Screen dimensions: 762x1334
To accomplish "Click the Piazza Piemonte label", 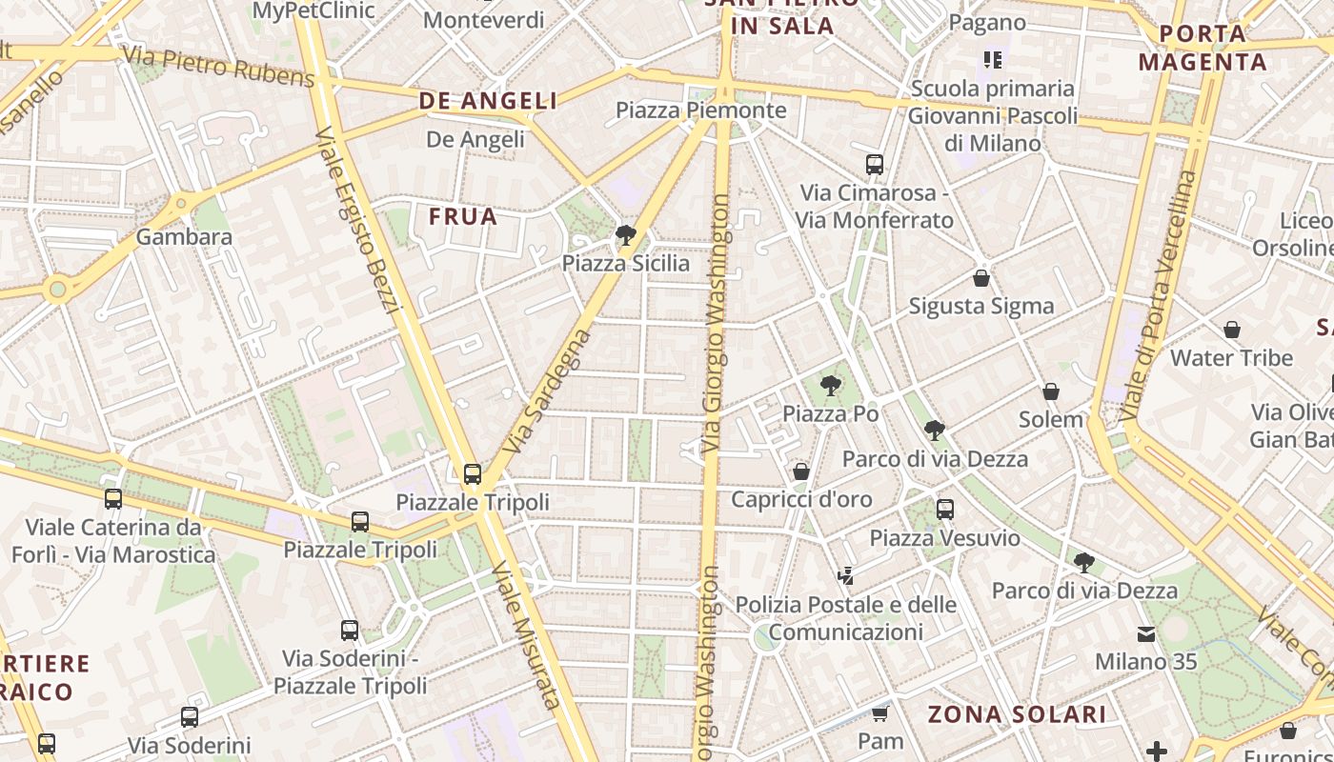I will (700, 110).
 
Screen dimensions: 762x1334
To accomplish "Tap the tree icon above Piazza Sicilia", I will (626, 234).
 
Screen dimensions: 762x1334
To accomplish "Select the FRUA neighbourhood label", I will (463, 216).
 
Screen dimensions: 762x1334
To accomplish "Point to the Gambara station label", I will (184, 236).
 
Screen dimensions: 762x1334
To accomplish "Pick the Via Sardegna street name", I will (548, 391).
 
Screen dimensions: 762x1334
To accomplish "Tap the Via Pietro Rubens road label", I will (218, 66).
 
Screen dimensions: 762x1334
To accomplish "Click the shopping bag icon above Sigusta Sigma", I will (981, 278).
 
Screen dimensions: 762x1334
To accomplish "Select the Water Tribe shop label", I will (1231, 358).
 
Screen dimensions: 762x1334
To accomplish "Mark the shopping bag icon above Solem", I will (1051, 391).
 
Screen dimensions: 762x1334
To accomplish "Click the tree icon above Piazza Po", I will (830, 386).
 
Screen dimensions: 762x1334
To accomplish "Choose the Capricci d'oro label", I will (801, 499).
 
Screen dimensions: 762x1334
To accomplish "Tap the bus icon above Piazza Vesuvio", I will (944, 510).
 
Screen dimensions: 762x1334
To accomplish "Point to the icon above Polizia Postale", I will (845, 575).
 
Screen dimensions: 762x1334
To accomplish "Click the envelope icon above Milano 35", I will (1145, 633).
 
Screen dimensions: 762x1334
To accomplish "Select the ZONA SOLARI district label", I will (1017, 714).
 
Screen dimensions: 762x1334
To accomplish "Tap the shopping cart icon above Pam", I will (879, 713).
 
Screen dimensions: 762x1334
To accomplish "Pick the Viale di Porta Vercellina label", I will (1158, 295).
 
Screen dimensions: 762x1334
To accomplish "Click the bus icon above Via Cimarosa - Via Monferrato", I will (875, 165).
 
